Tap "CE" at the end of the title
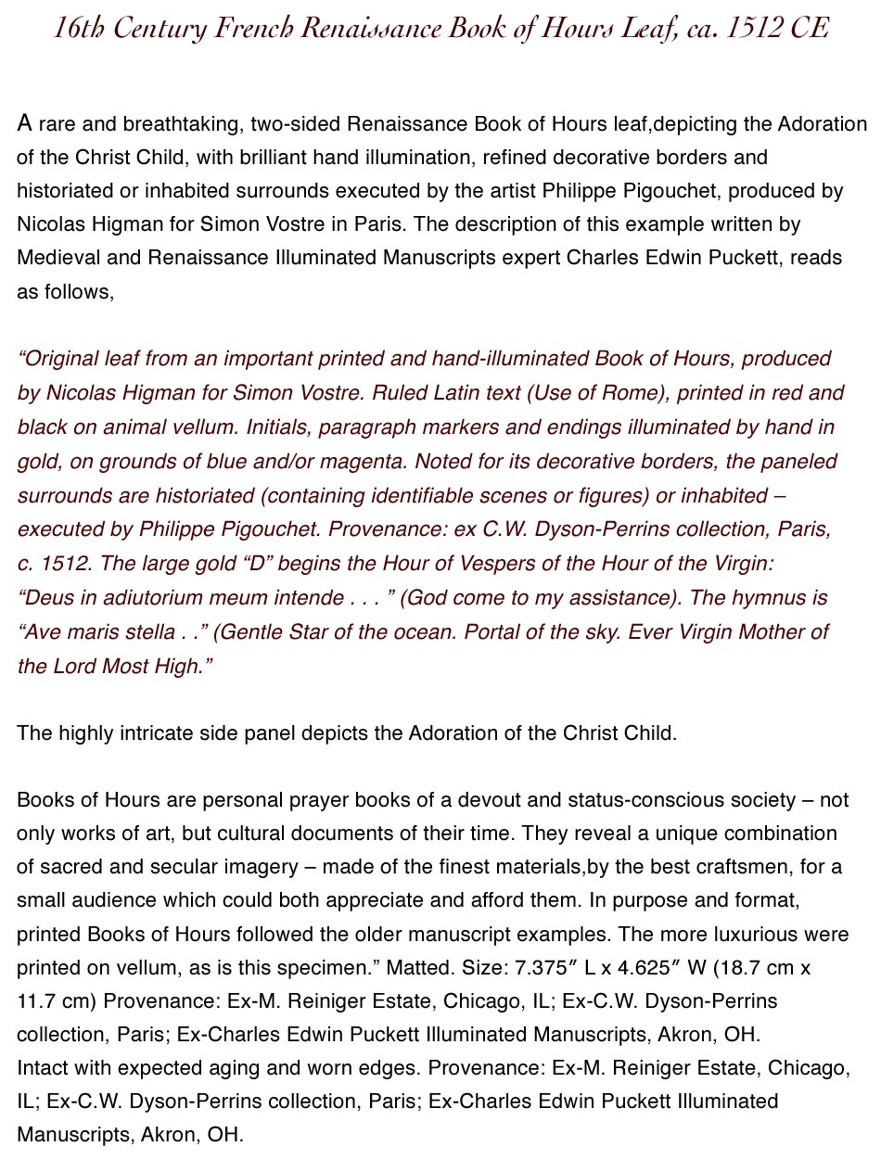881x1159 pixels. pyautogui.click(x=810, y=29)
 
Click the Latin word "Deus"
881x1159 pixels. pyautogui.click(x=45, y=598)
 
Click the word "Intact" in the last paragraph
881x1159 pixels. pyautogui.click(x=40, y=1068)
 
